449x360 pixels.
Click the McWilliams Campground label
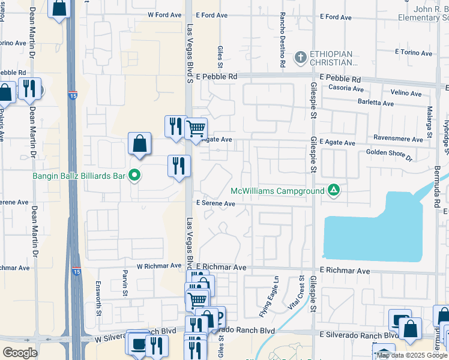click(277, 191)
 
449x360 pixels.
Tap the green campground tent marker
click(333, 191)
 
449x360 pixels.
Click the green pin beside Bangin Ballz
click(135, 176)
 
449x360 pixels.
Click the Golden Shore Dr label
click(390, 155)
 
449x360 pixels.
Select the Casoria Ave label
click(342, 89)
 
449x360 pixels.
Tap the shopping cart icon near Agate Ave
click(196, 129)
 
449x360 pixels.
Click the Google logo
click(20, 352)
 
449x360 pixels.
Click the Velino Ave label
click(406, 93)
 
